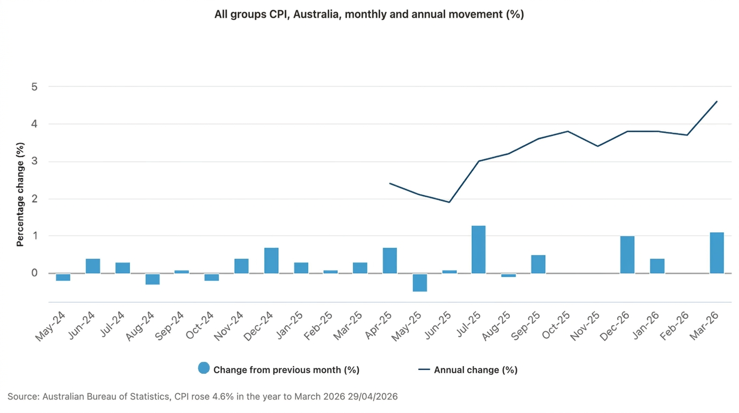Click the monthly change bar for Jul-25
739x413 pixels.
pyautogui.click(x=478, y=250)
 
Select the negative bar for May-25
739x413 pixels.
pyautogui.click(x=419, y=282)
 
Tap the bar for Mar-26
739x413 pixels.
pyautogui.click(x=716, y=253)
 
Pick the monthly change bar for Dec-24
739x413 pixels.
pyautogui.click(x=271, y=260)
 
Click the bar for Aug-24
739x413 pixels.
pyautogui.click(x=152, y=279)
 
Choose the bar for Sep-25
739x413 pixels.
pyautogui.click(x=538, y=264)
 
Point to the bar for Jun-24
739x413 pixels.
pyautogui.click(x=93, y=266)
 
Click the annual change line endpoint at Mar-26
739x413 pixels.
pyautogui.click(x=716, y=101)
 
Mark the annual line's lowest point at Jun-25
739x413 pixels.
pyautogui.click(x=449, y=202)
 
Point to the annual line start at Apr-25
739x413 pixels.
pyautogui.click(x=390, y=183)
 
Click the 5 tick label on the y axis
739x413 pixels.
pyautogui.click(x=35, y=87)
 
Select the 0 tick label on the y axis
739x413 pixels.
pyautogui.click(x=35, y=273)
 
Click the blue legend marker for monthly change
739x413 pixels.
pyautogui.click(x=204, y=368)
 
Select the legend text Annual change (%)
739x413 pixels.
pyautogui.click(x=475, y=370)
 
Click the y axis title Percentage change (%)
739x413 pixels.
pyautogui.click(x=20, y=194)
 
